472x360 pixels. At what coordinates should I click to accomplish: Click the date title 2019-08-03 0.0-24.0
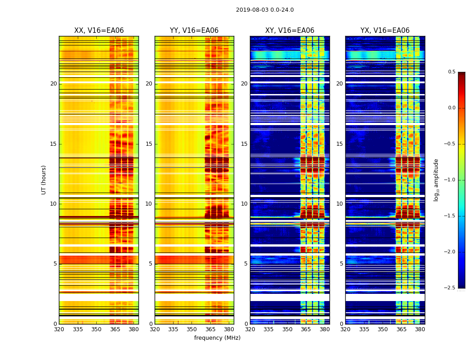265,10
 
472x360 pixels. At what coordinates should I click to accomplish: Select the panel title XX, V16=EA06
99,31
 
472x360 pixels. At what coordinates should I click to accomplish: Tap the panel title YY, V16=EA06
194,31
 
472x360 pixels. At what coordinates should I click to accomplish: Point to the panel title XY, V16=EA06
289,31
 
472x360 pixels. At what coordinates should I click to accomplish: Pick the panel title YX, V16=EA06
385,31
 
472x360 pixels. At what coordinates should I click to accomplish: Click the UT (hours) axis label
44,180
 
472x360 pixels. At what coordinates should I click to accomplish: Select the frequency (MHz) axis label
217,338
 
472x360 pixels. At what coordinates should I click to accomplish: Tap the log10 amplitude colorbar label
436,180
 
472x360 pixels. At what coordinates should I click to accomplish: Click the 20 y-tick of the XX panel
53,84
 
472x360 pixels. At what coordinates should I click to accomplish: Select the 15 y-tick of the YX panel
340,144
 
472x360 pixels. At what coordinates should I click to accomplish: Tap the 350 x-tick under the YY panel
192,329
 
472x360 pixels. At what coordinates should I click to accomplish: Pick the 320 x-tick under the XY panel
250,329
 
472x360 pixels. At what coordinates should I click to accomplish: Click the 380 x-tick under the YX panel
420,329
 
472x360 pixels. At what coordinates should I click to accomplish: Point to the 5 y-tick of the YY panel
151,264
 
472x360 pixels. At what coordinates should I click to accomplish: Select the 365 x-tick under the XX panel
115,329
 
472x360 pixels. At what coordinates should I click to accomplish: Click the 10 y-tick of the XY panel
244,204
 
